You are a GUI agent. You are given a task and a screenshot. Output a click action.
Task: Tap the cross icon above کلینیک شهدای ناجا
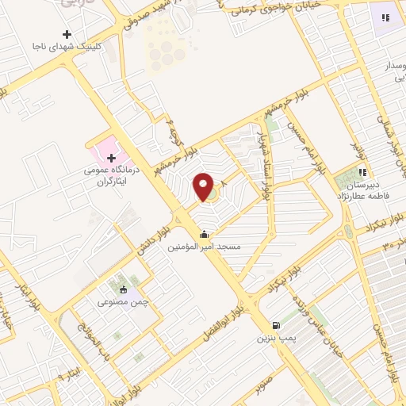pos(67,34)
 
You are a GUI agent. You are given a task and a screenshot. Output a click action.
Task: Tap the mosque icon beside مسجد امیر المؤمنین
pos(205,235)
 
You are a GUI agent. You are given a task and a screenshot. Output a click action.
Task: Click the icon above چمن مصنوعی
pos(122,289)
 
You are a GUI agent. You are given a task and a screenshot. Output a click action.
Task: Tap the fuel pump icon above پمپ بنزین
pos(275,324)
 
